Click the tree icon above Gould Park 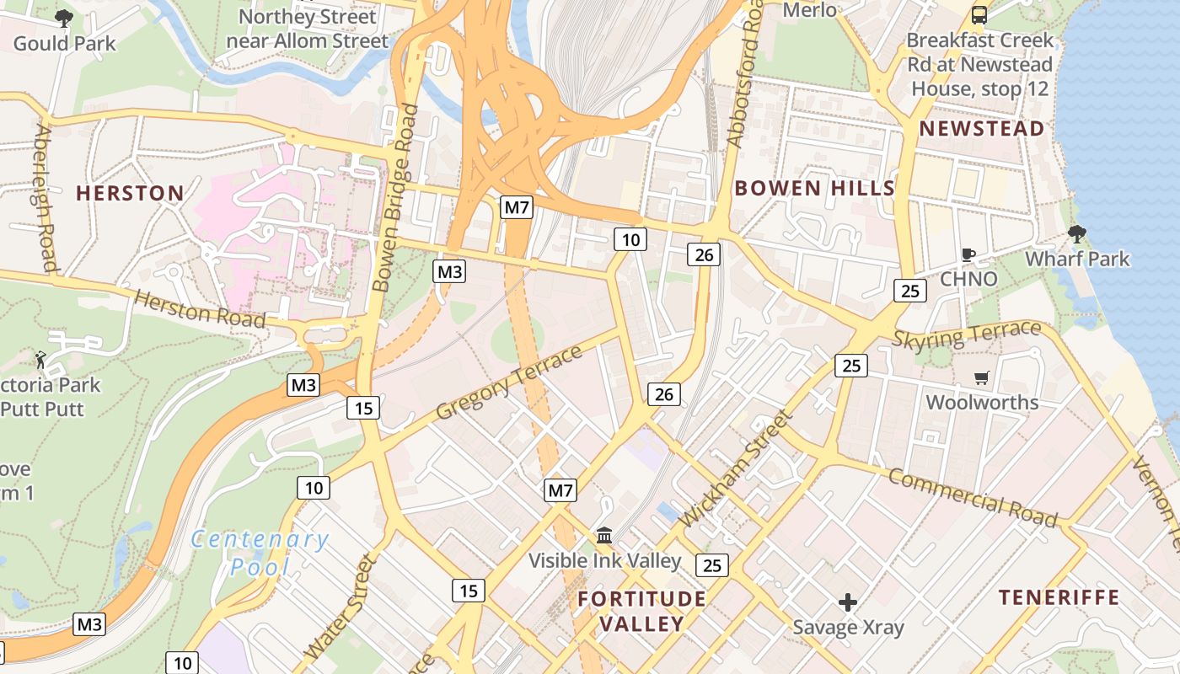pos(63,18)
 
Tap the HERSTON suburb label pos(131,193)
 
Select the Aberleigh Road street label pos(46,198)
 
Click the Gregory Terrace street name pos(509,382)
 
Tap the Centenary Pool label pos(259,553)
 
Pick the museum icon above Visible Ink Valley pos(604,535)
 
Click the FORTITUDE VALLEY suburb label pos(642,611)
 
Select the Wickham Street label pos(735,468)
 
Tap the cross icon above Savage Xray pos(848,602)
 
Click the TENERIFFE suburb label pos(1059,597)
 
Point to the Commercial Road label pos(973,499)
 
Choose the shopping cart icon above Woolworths pos(981,378)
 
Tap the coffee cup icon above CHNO pos(968,254)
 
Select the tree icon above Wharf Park pos(1076,234)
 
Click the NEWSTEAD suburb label pos(982,129)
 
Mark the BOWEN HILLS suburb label pos(814,188)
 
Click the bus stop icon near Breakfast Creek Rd pos(979,15)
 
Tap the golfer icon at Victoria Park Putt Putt pos(40,360)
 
